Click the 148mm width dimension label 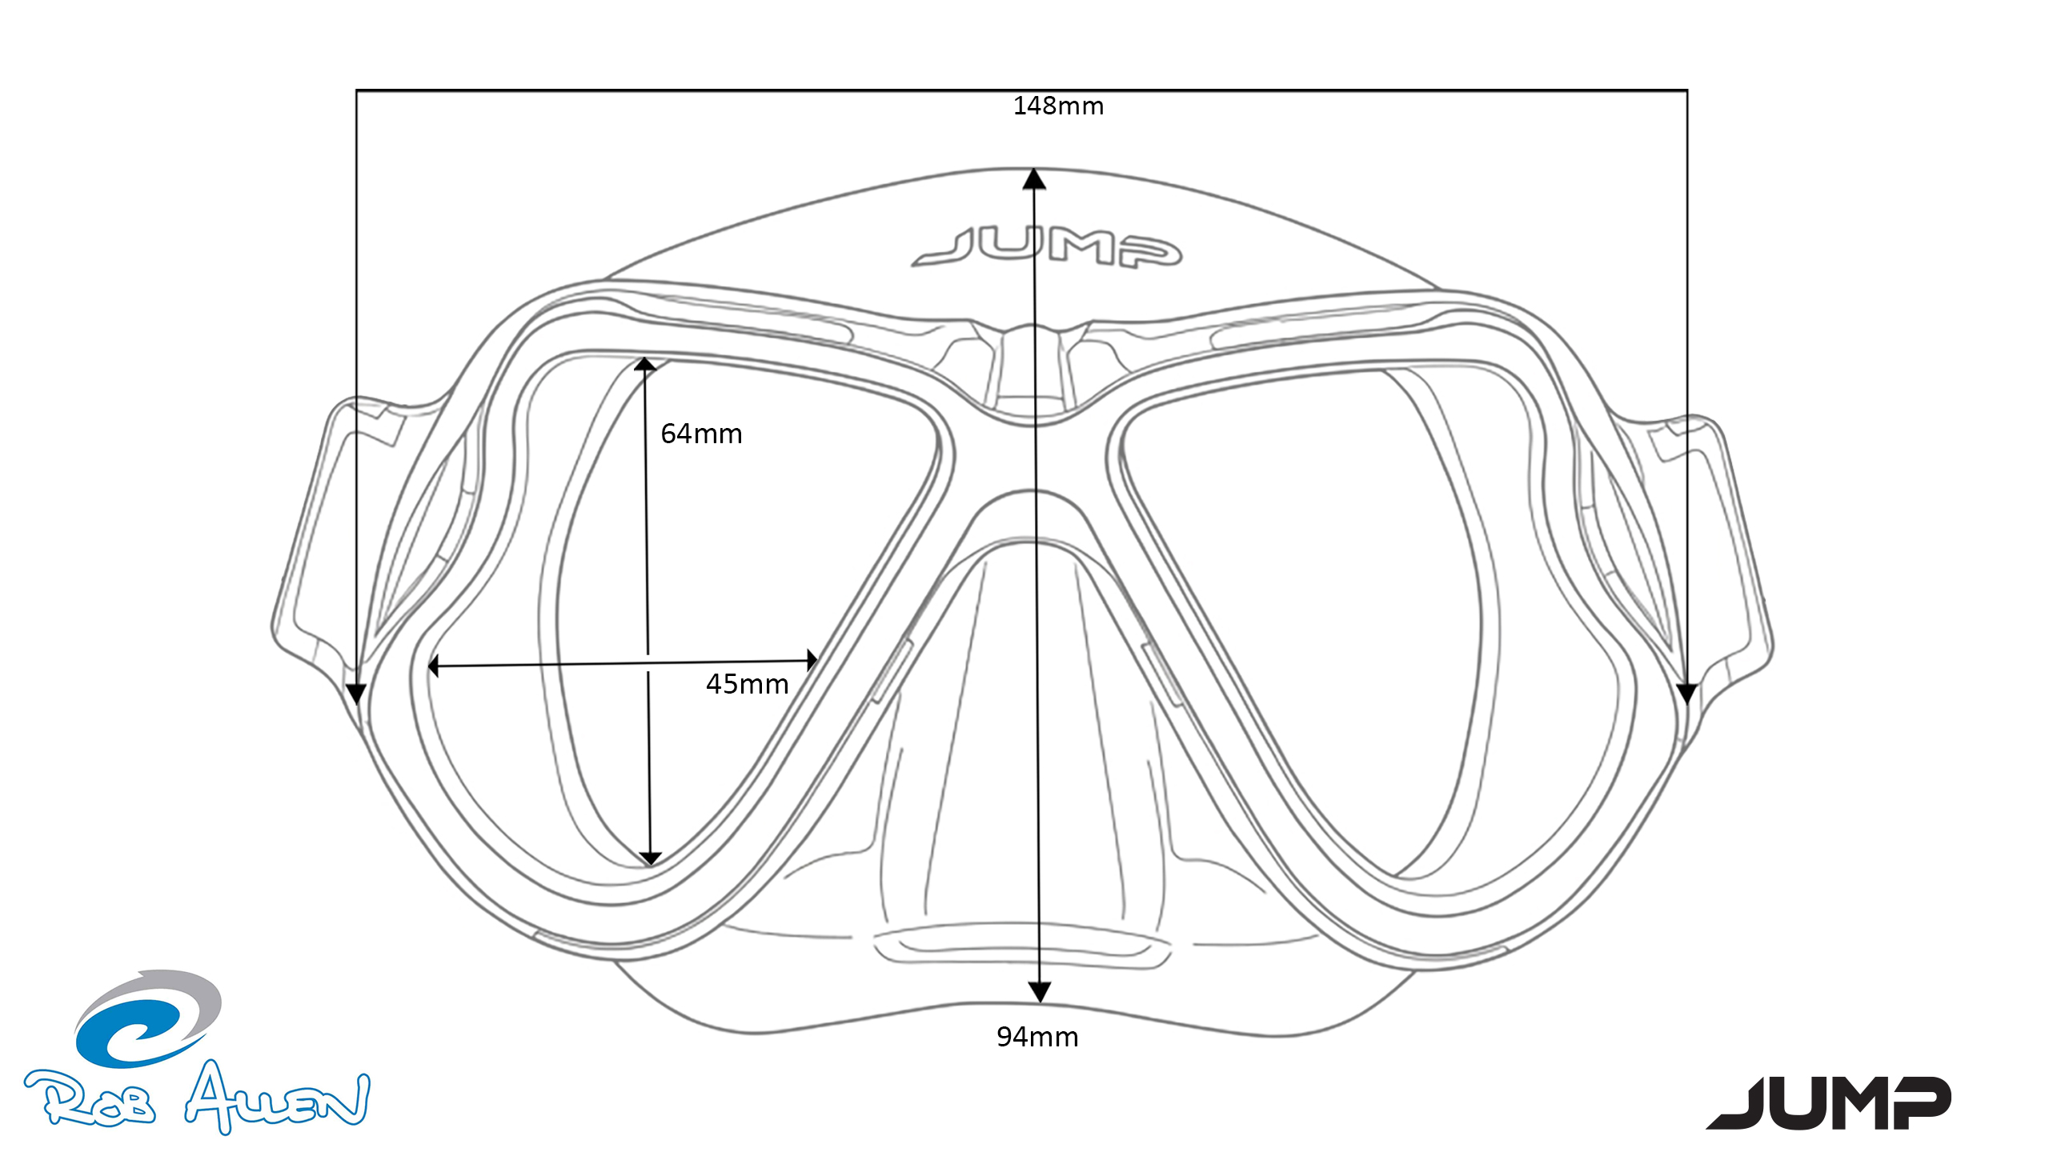(1058, 106)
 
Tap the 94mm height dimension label (1037, 1037)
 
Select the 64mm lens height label (701, 434)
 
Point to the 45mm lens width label (747, 684)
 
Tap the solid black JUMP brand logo (1829, 1102)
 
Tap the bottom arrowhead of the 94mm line (1039, 993)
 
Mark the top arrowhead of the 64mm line (645, 365)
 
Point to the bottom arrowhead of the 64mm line (651, 858)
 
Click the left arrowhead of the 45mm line (434, 666)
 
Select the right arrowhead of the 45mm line (812, 660)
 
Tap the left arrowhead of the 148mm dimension (356, 694)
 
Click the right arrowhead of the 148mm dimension (1687, 694)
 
